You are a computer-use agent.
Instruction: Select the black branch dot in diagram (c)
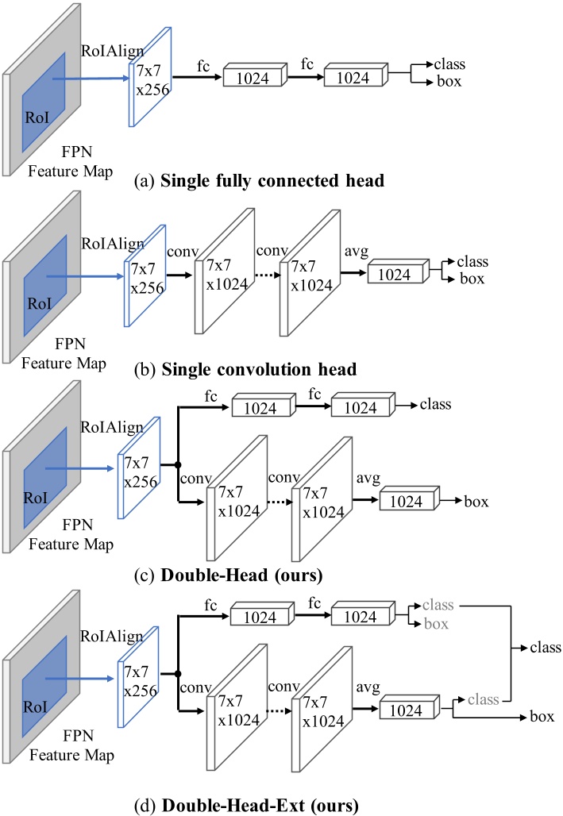tap(178, 465)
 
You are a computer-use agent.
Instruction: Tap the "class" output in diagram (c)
tap(435, 405)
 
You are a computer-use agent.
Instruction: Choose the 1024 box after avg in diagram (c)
tap(407, 502)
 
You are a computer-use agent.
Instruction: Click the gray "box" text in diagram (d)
tap(435, 624)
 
